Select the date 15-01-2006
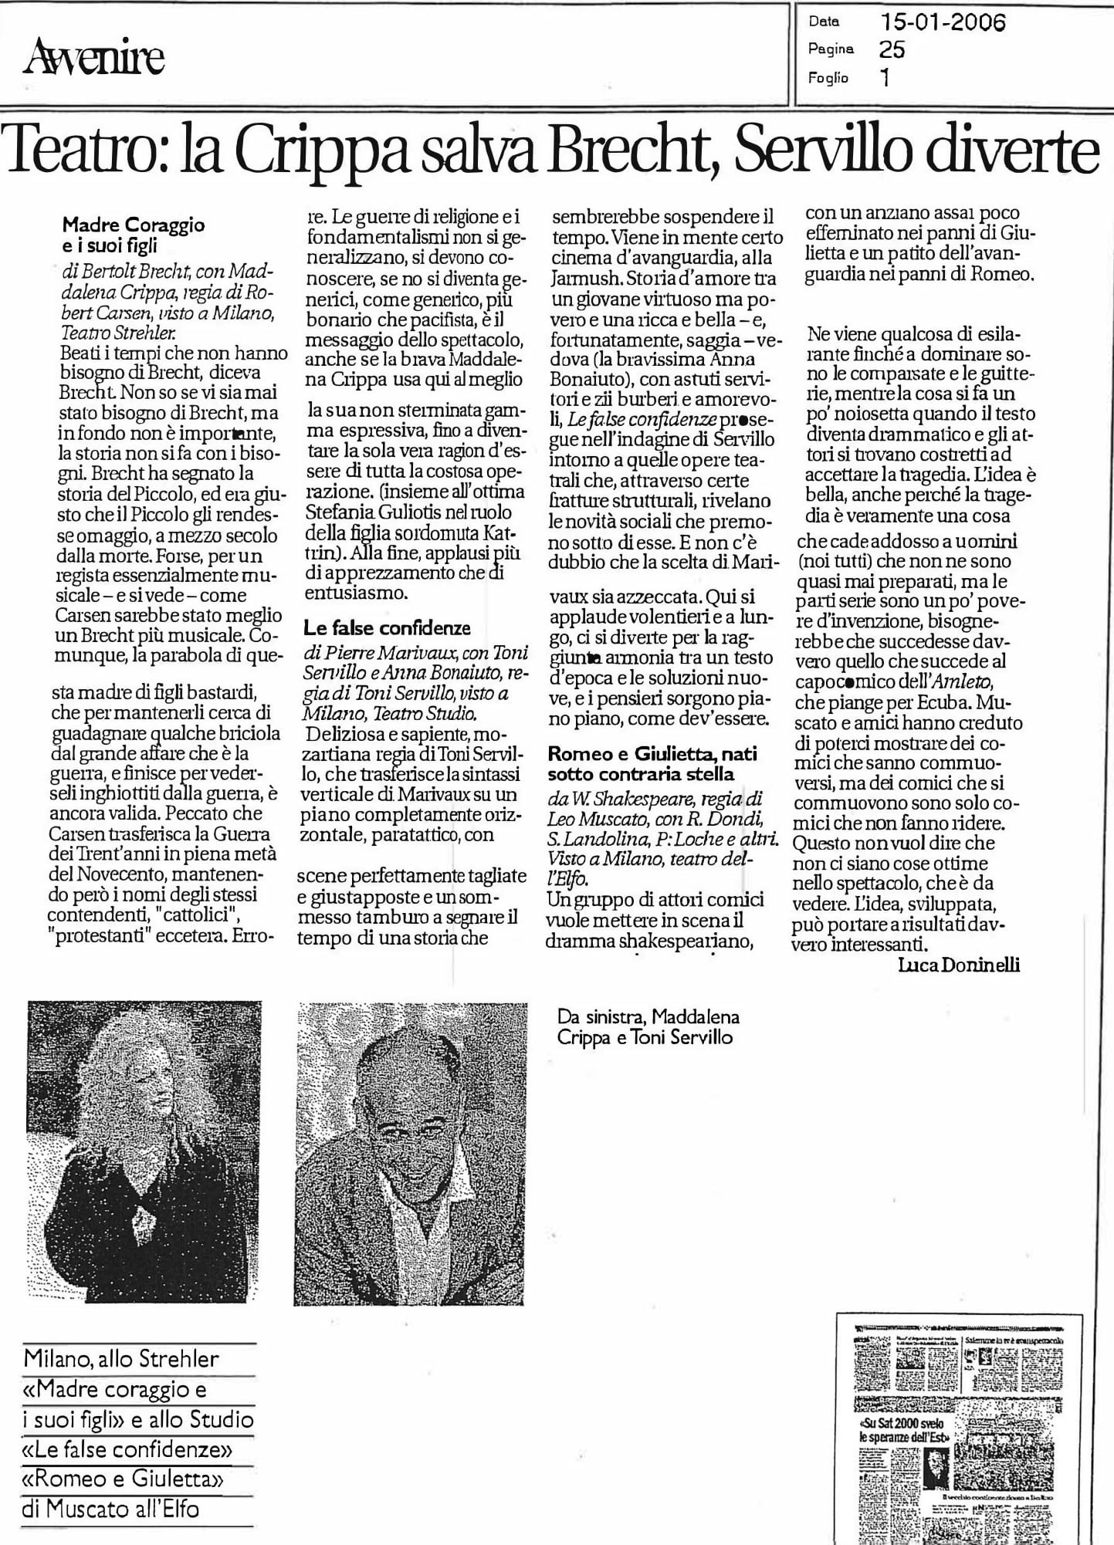tap(943, 22)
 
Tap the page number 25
tap(892, 49)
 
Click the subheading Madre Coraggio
tap(134, 225)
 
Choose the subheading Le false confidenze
tap(387, 627)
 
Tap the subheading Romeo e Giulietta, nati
tap(652, 754)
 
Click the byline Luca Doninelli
tap(959, 965)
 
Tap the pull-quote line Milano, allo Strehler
tap(122, 1358)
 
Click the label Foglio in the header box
tap(828, 78)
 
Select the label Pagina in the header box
tap(831, 49)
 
